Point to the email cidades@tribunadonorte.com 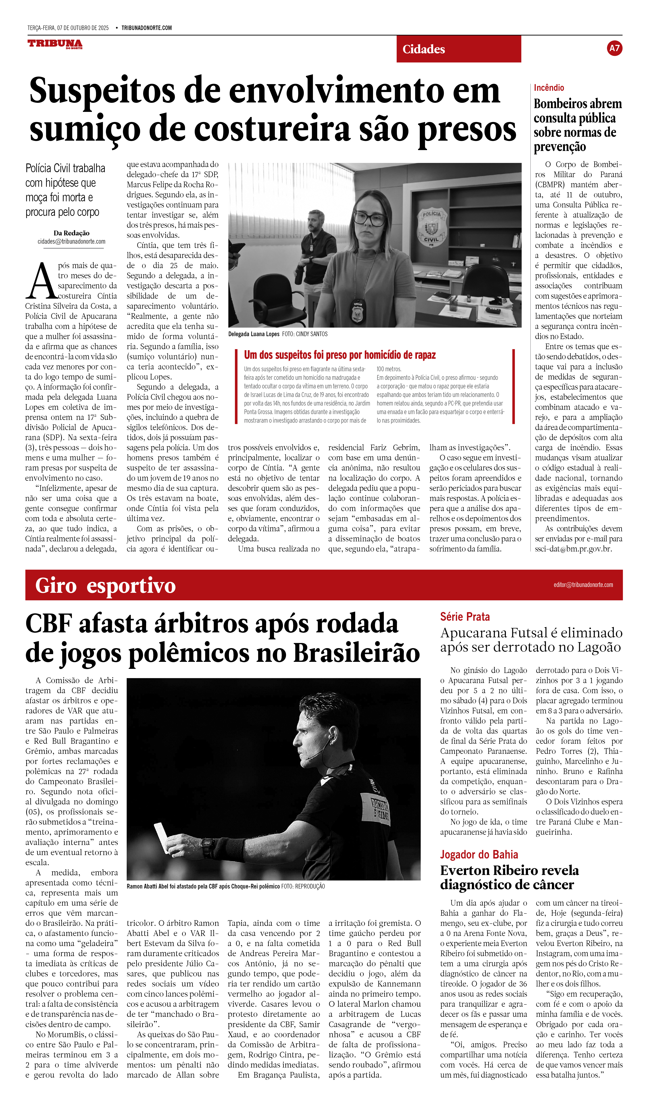point(71,242)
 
